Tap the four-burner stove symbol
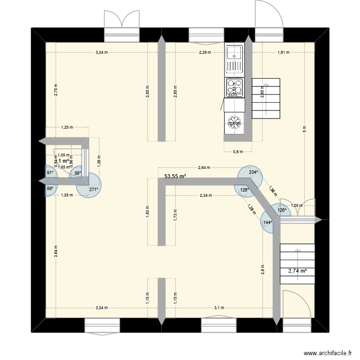coord(234,87)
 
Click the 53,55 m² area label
coord(175,176)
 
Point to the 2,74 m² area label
coord(297,271)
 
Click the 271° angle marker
coord(93,189)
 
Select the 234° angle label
coord(253,172)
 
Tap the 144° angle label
coord(267,222)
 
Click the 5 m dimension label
coord(305,129)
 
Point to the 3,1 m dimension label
coord(219,308)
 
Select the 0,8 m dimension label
coord(238,152)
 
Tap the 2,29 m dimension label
coord(205,52)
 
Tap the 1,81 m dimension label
coord(283,52)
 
